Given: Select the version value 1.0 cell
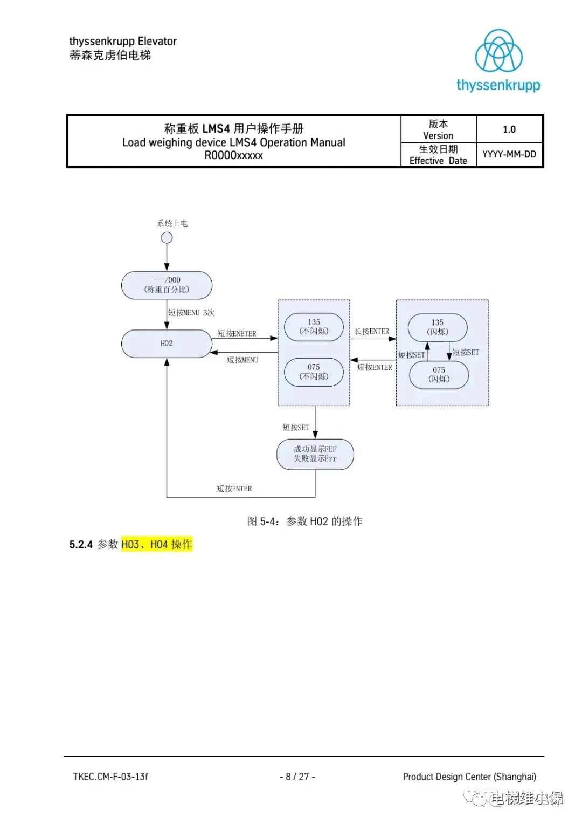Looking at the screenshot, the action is pos(509,129).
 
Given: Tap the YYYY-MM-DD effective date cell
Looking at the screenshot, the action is pos(509,154).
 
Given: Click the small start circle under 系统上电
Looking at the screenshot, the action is pos(167,238).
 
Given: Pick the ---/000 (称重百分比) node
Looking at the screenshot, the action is pos(167,285).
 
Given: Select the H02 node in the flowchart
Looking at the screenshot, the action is pos(167,343).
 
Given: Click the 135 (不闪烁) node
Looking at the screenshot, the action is pos(314,327).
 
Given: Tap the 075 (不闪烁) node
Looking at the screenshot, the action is pos(314,372).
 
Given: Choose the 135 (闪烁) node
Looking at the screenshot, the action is pos(438,327).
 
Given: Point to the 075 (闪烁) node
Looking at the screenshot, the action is pos(439,374).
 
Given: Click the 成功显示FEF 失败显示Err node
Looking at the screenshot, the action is pos(315,454).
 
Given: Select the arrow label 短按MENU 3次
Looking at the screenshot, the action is pos(191,313).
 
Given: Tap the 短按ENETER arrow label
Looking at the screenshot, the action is pos(237,334).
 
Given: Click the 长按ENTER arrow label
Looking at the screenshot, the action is pos(371,332).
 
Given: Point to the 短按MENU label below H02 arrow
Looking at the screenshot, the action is pos(242,360).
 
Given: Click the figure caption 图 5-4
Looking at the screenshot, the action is pos(304,521).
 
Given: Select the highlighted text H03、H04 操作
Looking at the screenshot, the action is pos(157,544).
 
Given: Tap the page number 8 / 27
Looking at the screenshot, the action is pos(297,777).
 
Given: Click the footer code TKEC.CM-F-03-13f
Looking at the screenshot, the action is pos(110,777).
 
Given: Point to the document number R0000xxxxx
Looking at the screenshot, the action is pos(233,156).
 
